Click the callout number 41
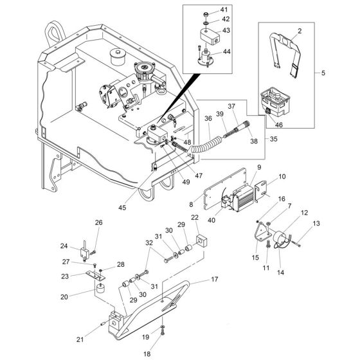point(224,10)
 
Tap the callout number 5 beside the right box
point(323,73)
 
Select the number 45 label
point(122,208)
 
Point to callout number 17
point(215,279)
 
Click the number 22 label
point(195,217)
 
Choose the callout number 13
point(316,223)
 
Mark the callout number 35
point(273,139)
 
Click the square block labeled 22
point(201,242)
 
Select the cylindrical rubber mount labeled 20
point(100,288)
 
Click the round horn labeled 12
point(280,239)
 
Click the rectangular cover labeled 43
point(210,36)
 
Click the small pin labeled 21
point(103,324)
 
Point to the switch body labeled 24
point(84,253)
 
